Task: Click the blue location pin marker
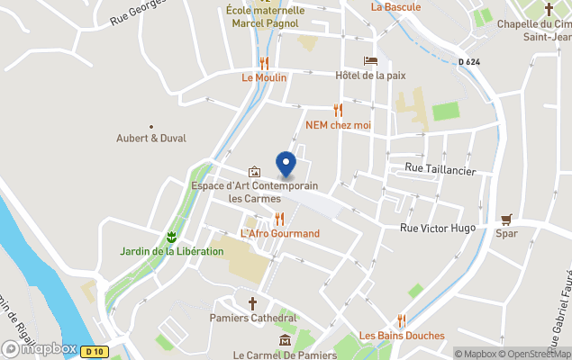(286, 164)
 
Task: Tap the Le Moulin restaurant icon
(264, 63)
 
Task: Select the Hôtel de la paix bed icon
(370, 61)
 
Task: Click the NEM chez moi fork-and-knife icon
(339, 110)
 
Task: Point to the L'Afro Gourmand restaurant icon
(279, 219)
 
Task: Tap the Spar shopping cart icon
(507, 219)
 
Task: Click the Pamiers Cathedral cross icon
(253, 303)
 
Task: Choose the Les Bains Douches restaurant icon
(402, 320)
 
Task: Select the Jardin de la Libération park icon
(171, 237)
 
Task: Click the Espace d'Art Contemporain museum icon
(255, 172)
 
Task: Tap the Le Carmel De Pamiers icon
(285, 340)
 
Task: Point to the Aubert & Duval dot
(150, 127)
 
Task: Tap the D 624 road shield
(468, 61)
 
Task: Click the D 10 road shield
(92, 351)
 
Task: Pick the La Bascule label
(395, 6)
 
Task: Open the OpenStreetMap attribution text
(540, 354)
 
